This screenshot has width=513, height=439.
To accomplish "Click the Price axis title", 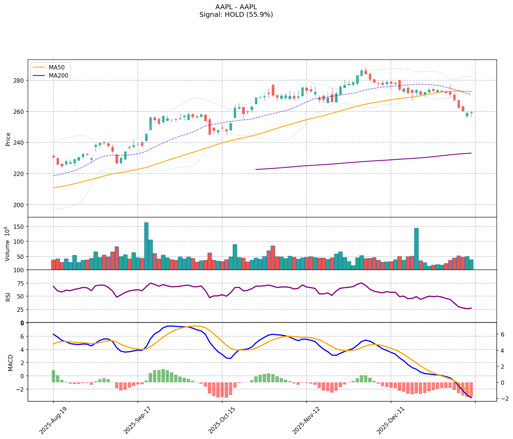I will pos(8,139).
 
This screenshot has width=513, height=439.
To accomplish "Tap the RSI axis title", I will pos(8,297).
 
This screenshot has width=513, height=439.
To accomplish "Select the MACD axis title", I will pos(10,363).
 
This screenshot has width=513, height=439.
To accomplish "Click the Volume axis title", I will pos(8,244).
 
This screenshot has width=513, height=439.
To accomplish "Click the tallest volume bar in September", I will pos(146,246).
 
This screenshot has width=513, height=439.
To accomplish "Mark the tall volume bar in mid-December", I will pos(416,249).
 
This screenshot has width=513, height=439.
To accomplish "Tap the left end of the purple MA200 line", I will pos(256,169).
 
